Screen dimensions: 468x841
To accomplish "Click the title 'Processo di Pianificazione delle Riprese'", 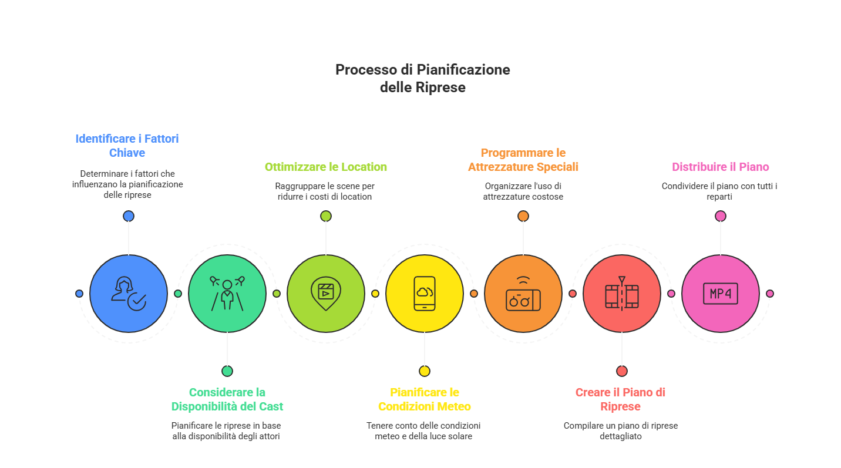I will (422, 78).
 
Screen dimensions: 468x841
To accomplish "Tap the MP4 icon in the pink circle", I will (720, 293).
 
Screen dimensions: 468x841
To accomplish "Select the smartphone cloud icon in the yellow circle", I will (424, 293).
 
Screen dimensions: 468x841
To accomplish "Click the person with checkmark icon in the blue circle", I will (128, 293).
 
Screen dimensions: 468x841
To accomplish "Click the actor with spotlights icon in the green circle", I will (227, 292).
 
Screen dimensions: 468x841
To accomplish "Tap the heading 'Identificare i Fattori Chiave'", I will (127, 146).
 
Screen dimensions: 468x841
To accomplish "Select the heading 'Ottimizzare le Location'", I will (325, 167).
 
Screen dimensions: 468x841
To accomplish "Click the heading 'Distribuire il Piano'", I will (720, 167).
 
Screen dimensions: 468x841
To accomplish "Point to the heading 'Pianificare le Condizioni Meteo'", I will (424, 399).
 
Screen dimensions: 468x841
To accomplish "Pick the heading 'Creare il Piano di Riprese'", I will (620, 399).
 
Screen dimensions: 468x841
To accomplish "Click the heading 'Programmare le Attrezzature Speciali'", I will (523, 160).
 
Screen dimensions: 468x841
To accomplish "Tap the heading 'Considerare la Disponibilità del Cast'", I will (227, 399).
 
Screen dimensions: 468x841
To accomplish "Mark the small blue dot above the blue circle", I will (129, 216).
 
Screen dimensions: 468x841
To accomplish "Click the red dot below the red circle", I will (621, 371).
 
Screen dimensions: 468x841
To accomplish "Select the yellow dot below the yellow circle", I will (424, 371).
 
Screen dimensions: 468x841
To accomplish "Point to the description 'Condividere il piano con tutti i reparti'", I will (720, 191).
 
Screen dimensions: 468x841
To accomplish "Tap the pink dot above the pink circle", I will (721, 216).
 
